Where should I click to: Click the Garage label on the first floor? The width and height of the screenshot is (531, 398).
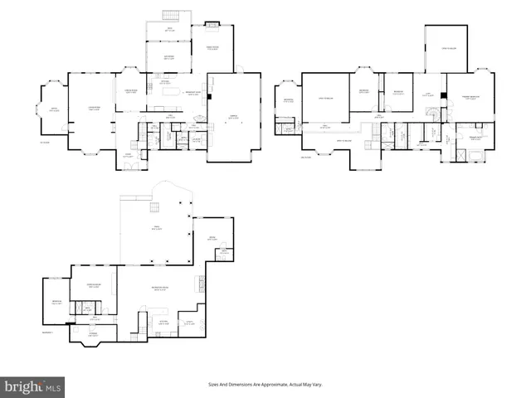coord(235,117)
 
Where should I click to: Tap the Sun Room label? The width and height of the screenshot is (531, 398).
coord(168,57)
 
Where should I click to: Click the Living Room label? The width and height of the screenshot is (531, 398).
coord(95,108)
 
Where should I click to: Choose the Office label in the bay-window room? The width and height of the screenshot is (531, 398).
coord(54,109)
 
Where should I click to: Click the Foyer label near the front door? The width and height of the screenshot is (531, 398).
coord(128,154)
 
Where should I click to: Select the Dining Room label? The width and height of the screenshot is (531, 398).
coord(131,90)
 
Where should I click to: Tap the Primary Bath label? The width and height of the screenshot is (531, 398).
coord(475,136)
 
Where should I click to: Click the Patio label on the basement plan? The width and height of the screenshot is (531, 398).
coord(155,227)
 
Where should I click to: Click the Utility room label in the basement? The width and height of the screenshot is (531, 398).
coord(189,323)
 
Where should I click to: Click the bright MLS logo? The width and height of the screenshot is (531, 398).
coord(33,386)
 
